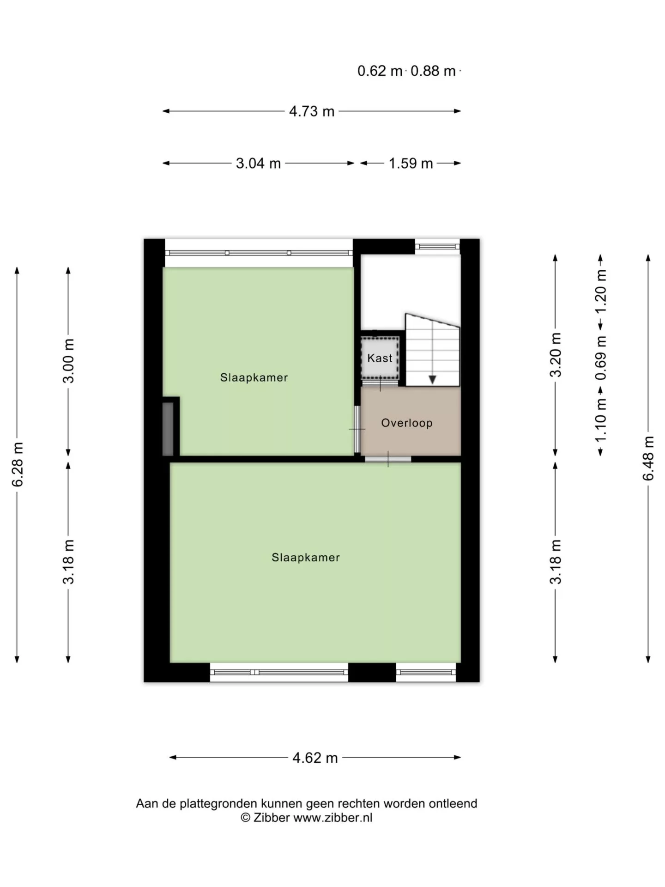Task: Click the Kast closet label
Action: coord(380,358)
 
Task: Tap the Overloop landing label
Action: coord(407,423)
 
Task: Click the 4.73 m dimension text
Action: coord(312,111)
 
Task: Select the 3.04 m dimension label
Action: coord(258,163)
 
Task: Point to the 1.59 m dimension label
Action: coord(411,163)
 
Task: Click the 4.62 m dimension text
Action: coord(315,758)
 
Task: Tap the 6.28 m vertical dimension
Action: coord(17,464)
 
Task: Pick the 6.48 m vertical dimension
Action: coord(648,458)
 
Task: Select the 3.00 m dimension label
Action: coord(68,361)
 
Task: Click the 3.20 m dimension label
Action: coord(556,355)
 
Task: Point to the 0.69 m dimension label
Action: coord(601,358)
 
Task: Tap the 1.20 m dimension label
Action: coord(601,292)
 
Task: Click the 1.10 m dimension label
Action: coord(601,420)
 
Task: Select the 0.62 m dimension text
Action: coord(380,71)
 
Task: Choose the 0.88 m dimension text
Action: coord(433,71)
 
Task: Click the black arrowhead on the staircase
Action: coord(432,379)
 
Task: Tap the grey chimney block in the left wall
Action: coord(168,429)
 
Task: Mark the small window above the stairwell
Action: coord(437,246)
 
